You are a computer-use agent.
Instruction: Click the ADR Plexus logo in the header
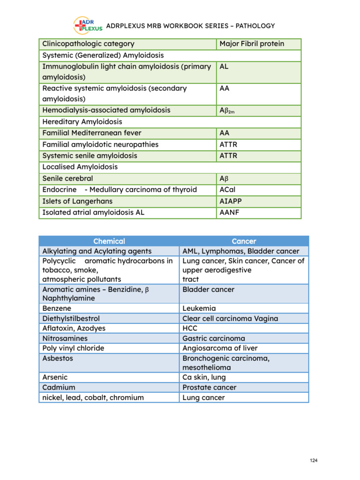point(88,26)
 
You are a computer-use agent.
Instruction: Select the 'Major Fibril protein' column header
point(252,44)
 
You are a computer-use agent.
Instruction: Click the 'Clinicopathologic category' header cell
point(88,44)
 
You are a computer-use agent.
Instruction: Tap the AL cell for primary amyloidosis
point(224,67)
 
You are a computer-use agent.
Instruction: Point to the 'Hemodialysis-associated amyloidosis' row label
point(106,110)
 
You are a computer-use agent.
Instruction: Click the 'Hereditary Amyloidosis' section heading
point(82,121)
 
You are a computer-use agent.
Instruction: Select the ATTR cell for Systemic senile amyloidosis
point(228,156)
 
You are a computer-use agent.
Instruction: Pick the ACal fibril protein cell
point(228,190)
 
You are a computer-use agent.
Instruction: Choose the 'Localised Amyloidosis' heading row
point(80,167)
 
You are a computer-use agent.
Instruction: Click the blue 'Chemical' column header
point(109,241)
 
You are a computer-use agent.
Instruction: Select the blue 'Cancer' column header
point(244,241)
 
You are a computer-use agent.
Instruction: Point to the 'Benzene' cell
point(57,308)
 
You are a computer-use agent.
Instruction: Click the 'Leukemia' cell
point(199,308)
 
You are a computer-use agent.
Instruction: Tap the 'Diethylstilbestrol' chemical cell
point(71,318)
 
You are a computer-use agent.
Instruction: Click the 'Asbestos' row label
point(58,358)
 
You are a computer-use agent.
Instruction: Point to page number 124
point(314,461)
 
